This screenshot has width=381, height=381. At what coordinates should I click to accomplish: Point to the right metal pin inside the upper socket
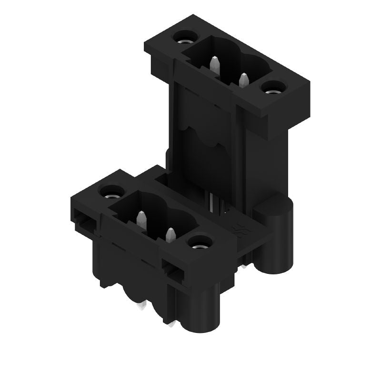[x=244, y=80]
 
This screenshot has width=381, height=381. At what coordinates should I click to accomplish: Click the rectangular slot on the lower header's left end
[x=85, y=223]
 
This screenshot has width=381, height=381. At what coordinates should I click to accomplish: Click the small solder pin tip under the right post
[x=245, y=265]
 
